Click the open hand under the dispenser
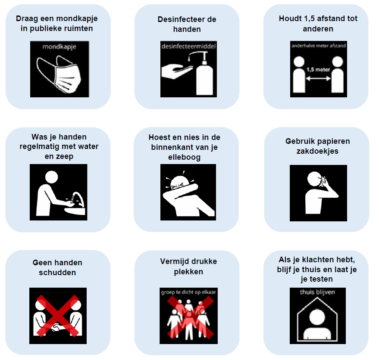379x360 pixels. click(177, 71)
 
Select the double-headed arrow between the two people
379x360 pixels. click(318, 78)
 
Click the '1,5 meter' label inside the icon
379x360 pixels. click(318, 70)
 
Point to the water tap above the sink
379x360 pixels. click(78, 199)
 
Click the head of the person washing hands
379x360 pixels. click(51, 177)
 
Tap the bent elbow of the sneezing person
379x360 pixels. click(195, 188)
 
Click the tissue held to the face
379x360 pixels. click(322, 181)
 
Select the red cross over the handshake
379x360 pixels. click(58, 315)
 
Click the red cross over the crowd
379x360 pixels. click(191, 317)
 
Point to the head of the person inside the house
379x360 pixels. click(317, 317)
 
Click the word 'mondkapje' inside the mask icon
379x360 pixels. click(59, 47)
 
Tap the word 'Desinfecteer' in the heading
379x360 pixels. click(179, 19)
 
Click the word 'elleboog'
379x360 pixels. click(185, 158)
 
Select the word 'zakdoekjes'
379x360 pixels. click(317, 151)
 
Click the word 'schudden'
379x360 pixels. click(57, 273)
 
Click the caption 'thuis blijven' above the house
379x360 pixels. click(317, 292)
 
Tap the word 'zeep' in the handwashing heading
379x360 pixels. click(67, 157)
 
